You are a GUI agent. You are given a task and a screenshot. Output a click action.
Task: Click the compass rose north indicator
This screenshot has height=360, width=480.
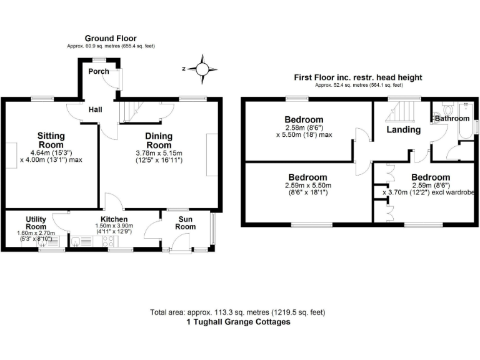click(202, 69)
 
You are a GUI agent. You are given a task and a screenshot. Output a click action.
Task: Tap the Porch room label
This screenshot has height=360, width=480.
click(98, 71)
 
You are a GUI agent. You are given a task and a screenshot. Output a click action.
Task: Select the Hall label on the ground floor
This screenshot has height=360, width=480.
click(95, 109)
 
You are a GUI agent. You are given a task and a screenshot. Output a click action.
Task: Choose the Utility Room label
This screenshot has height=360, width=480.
click(36, 222)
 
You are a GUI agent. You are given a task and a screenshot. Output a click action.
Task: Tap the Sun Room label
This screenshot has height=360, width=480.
click(185, 223)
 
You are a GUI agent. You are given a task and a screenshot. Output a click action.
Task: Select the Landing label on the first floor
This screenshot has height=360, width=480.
click(403, 130)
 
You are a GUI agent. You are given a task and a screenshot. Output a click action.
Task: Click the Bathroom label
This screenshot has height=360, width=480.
click(452, 118)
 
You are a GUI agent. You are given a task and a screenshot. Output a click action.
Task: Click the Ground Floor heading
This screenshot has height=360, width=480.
click(111, 39)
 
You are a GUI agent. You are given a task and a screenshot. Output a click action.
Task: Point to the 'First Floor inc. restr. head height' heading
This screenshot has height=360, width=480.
click(358, 77)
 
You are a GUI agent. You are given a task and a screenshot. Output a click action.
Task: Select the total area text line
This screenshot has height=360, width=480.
click(237, 312)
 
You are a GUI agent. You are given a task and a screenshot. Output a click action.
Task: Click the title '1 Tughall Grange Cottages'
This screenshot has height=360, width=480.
click(238, 322)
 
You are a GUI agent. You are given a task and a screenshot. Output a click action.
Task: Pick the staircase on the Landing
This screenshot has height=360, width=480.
click(400, 113)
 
